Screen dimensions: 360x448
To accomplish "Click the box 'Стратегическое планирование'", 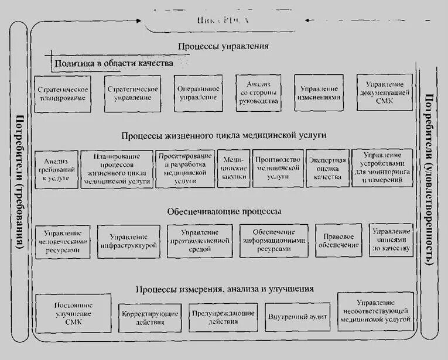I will (x=63, y=94).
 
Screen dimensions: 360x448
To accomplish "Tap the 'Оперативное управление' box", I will (x=200, y=93).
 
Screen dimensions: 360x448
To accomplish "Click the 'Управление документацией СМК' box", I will (x=385, y=92).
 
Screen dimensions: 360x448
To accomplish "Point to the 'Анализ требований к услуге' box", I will (x=56, y=170).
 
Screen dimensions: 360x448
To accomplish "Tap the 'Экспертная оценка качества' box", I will (x=328, y=169).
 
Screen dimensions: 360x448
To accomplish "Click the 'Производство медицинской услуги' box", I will (x=278, y=169).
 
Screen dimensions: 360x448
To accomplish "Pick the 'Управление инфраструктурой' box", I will (x=128, y=241).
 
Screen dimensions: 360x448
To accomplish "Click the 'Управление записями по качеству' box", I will (x=391, y=239).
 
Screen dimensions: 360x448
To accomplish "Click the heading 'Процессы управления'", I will (x=224, y=46).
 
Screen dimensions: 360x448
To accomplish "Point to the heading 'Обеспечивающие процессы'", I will (x=224, y=211).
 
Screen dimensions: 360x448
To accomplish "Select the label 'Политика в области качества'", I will (x=114, y=63).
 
